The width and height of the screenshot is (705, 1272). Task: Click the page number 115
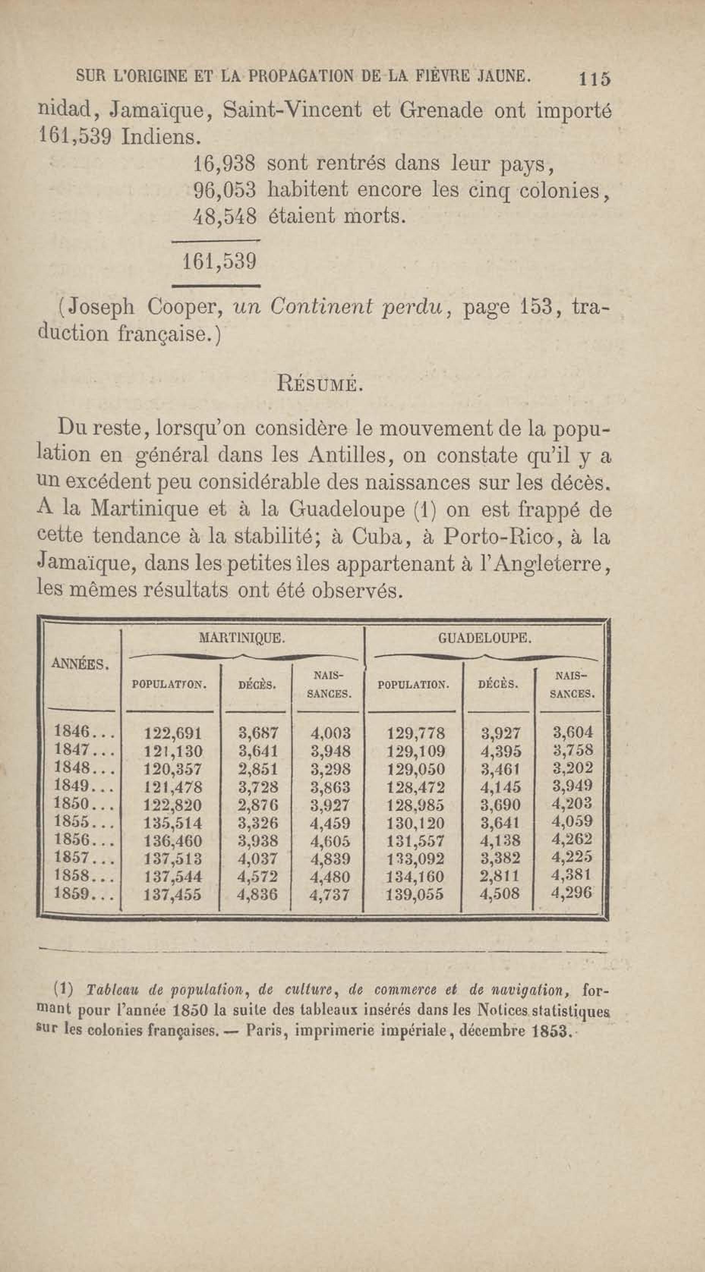(595, 79)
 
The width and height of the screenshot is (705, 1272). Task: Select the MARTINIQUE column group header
(241, 638)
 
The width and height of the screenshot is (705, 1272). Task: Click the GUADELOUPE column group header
(485, 638)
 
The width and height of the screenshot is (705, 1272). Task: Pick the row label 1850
(83, 804)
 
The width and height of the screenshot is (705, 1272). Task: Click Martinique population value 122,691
(173, 733)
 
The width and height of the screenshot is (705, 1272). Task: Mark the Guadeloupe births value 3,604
(572, 732)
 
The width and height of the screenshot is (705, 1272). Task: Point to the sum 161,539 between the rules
(219, 262)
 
